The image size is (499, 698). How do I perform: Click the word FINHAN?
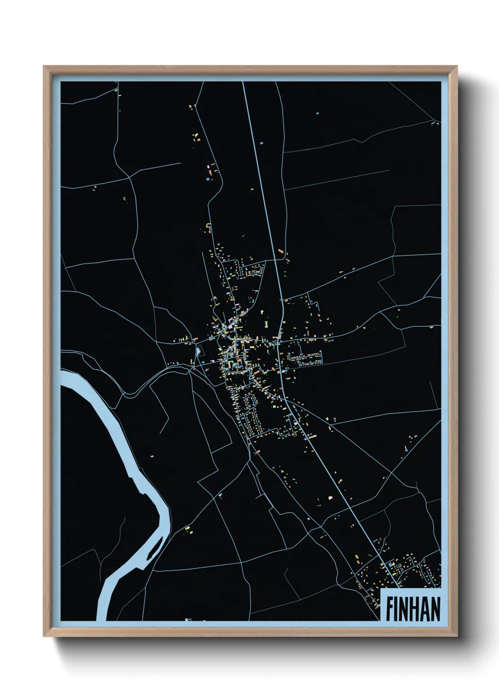[x=413, y=608]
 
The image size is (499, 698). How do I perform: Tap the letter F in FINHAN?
[x=390, y=608]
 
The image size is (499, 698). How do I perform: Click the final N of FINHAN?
[x=435, y=608]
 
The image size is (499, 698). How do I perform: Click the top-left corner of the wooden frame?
[x=45, y=67]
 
